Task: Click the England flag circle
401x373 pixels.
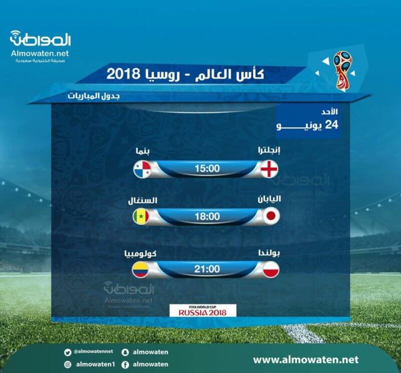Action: pos(269,169)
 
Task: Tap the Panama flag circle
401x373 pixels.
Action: pos(142,169)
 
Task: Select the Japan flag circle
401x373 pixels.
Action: pos(271,216)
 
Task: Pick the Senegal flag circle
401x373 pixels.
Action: pos(141,217)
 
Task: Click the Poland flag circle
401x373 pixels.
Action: pos(271,270)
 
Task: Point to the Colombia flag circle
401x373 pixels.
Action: pos(140,270)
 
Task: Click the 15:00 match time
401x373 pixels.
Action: pos(207,168)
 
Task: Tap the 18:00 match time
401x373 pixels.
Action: pos(208,217)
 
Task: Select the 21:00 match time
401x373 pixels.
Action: pos(207,269)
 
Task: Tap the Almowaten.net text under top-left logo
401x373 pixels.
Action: pos(40,53)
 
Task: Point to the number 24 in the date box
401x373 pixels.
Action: pos(331,125)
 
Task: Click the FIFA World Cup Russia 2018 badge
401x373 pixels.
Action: pos(203,310)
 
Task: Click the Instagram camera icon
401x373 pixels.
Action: pos(68,364)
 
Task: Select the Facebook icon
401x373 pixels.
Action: pos(125,365)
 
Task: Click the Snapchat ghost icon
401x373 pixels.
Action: pos(125,352)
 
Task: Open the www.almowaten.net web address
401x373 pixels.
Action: pos(306,359)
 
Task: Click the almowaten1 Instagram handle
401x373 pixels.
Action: pos(96,364)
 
